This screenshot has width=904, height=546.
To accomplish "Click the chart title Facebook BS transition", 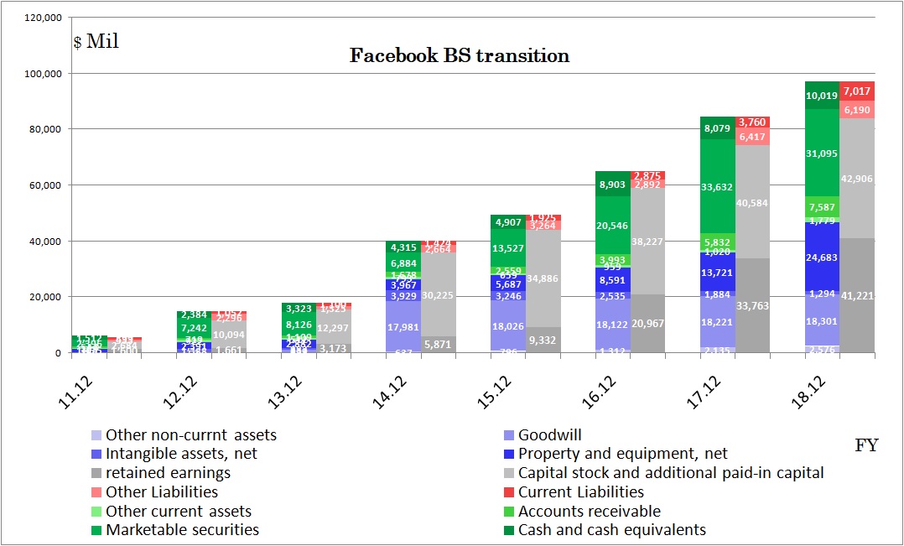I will pyautogui.click(x=459, y=56).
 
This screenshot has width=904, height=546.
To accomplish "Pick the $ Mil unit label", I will pyautogui.click(x=96, y=42).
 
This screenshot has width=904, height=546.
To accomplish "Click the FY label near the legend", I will pyautogui.click(x=865, y=445).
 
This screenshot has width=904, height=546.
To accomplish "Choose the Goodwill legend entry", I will pyautogui.click(x=549, y=435).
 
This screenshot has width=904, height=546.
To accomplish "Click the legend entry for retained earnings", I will pyautogui.click(x=168, y=473).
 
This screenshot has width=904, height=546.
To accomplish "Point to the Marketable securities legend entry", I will pyautogui.click(x=182, y=530).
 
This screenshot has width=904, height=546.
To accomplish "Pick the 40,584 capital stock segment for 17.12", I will pyautogui.click(x=751, y=201).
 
